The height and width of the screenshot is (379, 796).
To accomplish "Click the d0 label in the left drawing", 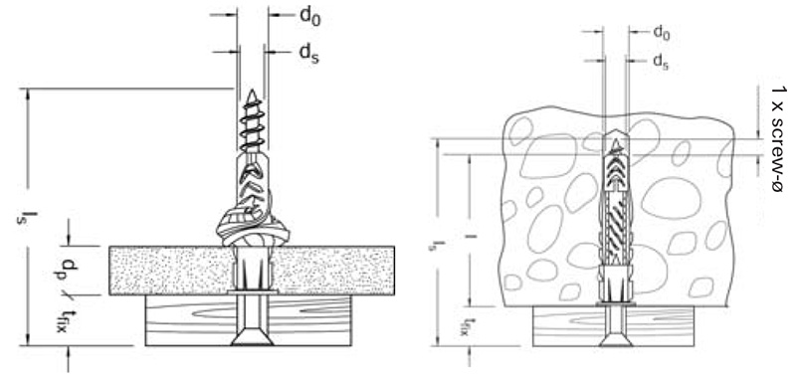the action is [x=309, y=16].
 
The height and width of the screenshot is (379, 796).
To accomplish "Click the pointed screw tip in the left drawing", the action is [x=251, y=95].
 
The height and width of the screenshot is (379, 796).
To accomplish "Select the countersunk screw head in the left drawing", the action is [x=253, y=339].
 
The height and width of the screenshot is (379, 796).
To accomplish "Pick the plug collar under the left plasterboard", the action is [x=253, y=292].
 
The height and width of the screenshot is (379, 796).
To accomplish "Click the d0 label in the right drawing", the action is [x=662, y=33].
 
